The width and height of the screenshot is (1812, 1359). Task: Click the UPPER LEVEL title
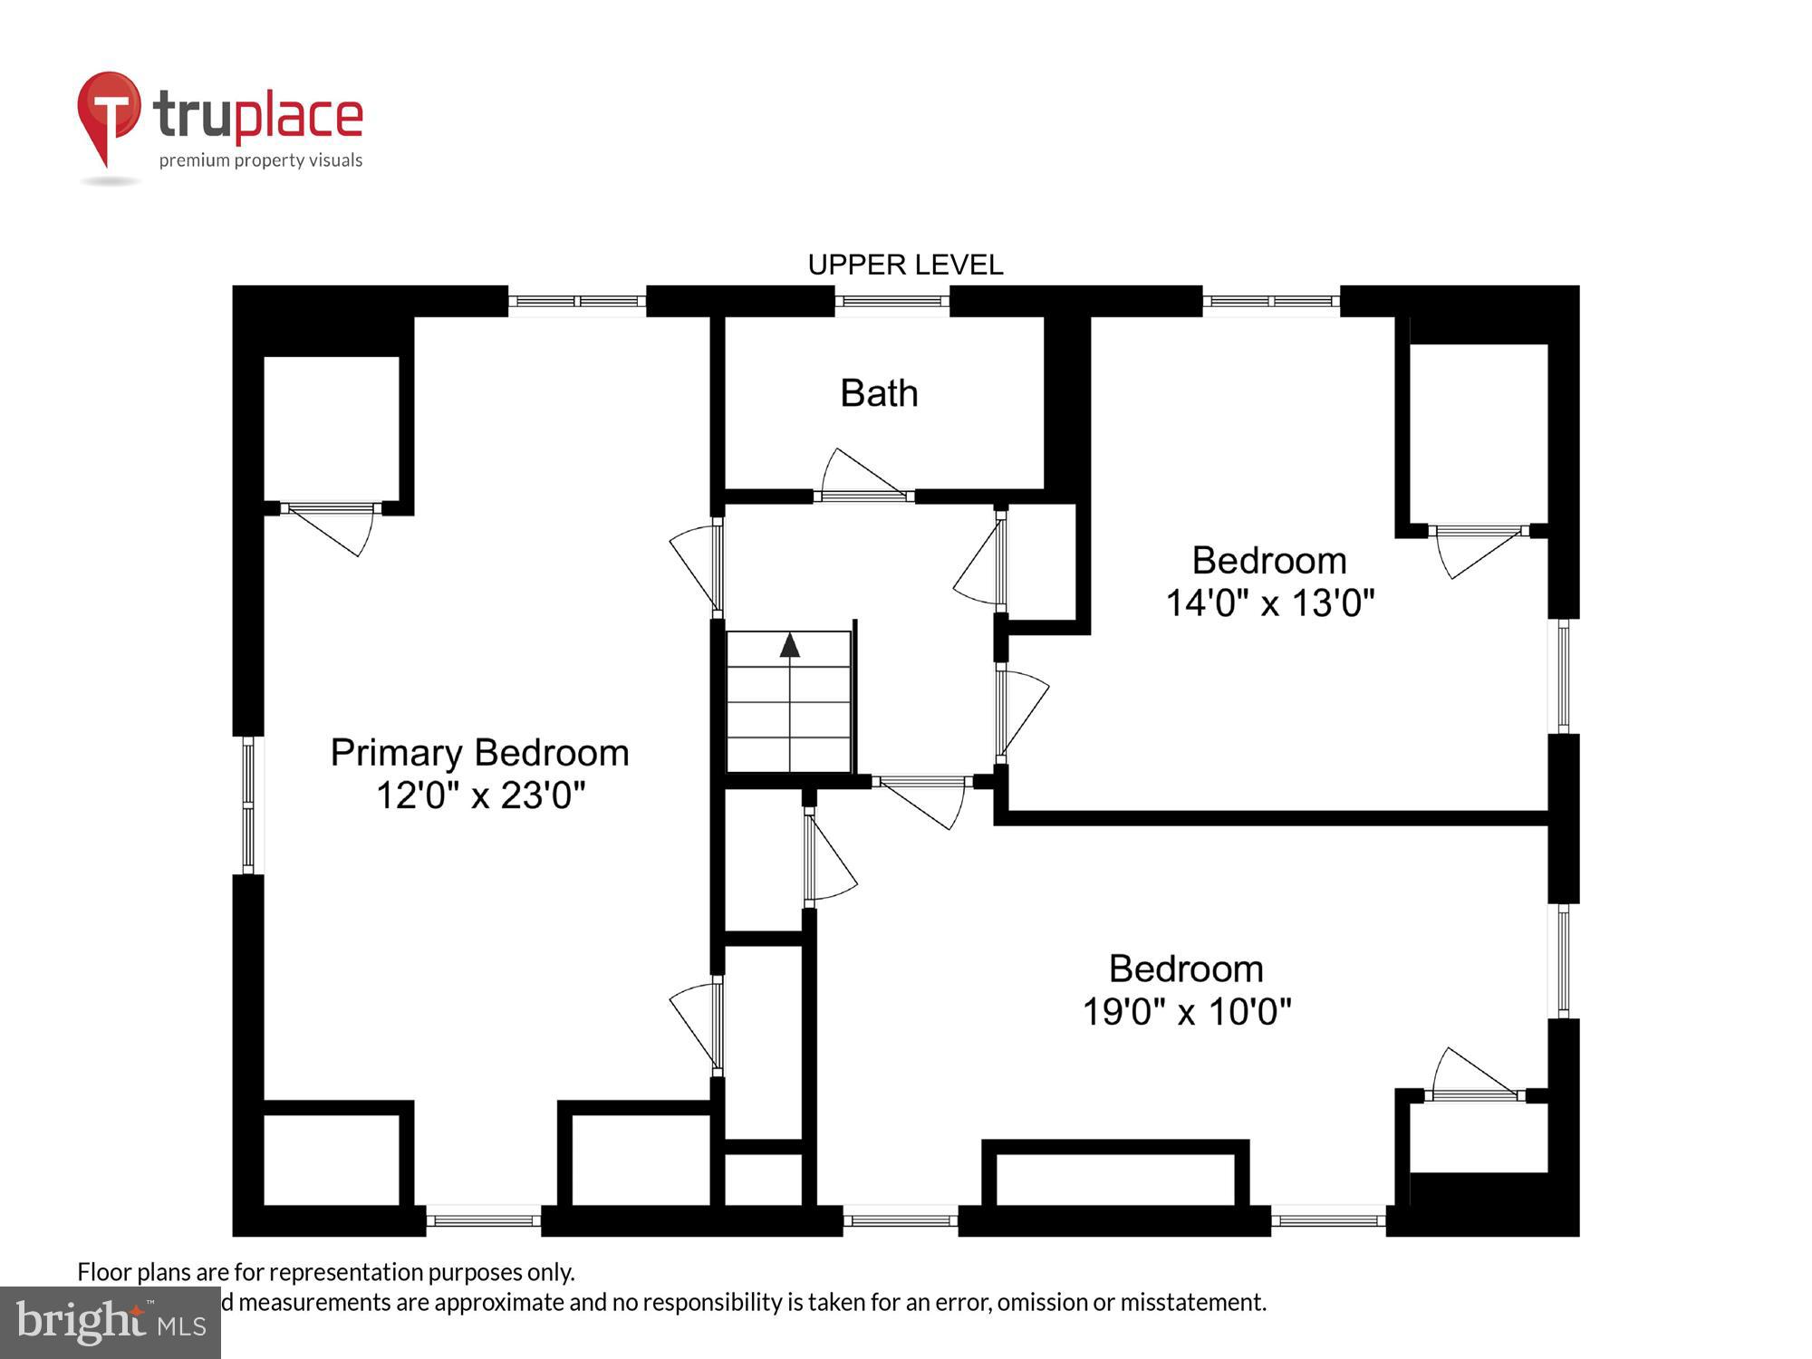905,265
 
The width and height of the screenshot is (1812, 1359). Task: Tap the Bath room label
879,393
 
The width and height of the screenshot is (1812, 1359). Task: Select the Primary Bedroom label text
479,753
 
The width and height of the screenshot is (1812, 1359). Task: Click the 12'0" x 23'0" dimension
480,795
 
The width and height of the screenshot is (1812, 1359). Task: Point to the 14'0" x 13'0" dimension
1269,602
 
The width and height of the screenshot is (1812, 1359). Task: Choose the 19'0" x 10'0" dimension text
1186,1011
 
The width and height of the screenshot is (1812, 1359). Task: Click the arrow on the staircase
789,645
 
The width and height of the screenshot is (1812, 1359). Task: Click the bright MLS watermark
110,1322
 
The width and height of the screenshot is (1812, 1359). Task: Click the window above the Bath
892,301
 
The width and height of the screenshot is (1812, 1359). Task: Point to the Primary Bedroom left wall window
247,805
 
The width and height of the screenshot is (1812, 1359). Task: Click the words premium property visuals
261,160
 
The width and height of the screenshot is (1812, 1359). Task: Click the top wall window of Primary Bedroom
576,301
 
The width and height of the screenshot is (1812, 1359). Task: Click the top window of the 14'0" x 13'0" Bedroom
1270,301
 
